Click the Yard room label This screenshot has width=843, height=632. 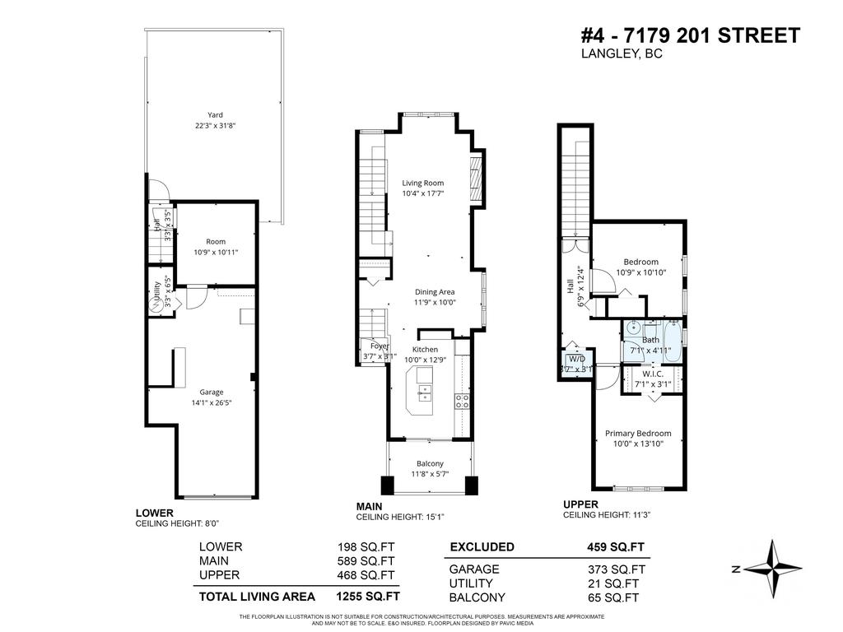[x=215, y=115]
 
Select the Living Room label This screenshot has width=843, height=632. [x=423, y=183]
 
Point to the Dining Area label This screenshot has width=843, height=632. [x=435, y=291]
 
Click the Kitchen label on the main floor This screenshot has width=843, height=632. [x=426, y=349]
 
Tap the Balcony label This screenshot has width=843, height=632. [x=430, y=463]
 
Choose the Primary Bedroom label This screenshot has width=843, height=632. [x=638, y=434]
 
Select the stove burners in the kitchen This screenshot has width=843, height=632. [x=463, y=402]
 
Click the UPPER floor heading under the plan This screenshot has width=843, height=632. [x=580, y=504]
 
